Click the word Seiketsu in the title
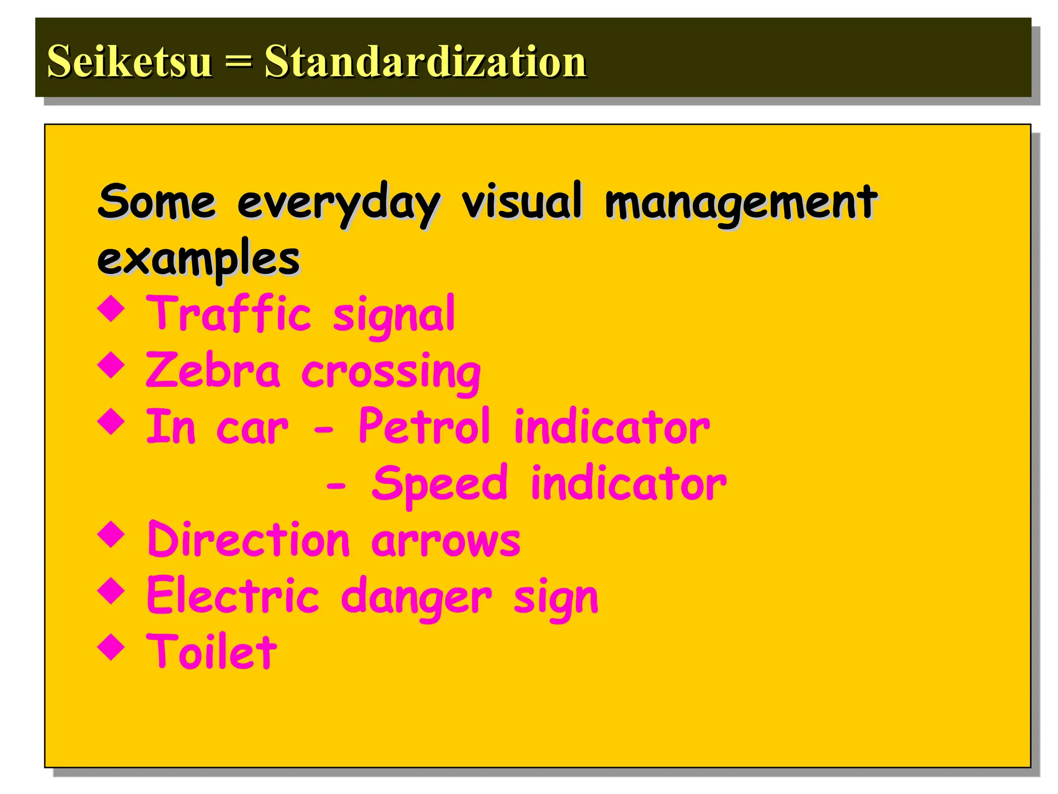click(x=129, y=61)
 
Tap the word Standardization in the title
click(x=425, y=61)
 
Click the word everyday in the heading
click(x=338, y=203)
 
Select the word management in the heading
click(x=740, y=203)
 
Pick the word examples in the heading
click(x=198, y=258)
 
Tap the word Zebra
click(x=213, y=370)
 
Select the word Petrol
click(x=424, y=426)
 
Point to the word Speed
click(x=440, y=483)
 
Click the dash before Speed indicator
click(x=336, y=486)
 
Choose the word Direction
click(x=248, y=540)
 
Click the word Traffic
click(x=228, y=313)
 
